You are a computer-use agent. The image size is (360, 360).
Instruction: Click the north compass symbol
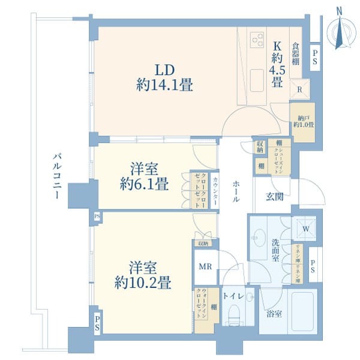point(340,31)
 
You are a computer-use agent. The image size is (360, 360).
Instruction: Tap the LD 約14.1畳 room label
point(164,77)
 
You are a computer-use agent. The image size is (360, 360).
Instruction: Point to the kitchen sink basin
point(256,77)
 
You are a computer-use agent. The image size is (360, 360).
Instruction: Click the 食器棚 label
point(296,53)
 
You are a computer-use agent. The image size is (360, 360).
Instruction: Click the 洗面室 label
point(275,250)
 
